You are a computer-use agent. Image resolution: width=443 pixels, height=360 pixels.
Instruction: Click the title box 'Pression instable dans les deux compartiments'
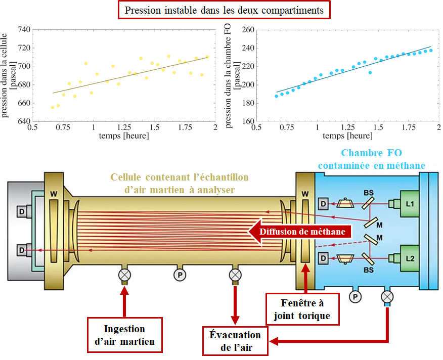(224, 10)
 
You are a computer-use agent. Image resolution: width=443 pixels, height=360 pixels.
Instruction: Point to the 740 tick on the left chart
(24, 29)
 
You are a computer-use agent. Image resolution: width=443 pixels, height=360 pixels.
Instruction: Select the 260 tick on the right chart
(248, 29)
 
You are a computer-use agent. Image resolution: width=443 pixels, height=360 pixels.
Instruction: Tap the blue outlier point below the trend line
(370, 73)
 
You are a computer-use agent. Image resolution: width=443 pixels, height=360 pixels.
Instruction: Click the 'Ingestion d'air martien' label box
(124, 335)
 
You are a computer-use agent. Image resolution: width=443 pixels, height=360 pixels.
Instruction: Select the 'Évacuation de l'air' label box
(235, 341)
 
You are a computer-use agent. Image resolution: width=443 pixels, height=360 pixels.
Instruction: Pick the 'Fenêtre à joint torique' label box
(302, 309)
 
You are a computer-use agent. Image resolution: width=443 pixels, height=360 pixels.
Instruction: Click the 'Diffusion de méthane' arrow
(299, 232)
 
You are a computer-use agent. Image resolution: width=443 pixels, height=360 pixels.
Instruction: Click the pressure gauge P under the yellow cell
(180, 275)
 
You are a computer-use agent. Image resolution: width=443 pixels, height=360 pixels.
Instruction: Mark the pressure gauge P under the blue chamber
(355, 297)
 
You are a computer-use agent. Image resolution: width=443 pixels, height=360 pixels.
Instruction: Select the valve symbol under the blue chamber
(387, 297)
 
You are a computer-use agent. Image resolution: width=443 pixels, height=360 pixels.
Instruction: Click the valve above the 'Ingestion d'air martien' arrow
(124, 275)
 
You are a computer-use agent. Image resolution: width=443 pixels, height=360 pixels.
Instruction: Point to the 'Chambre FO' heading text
(371, 153)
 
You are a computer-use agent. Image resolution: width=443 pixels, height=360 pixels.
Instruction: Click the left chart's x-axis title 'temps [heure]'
(124, 136)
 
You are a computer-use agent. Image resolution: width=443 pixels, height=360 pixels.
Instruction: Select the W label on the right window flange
(305, 194)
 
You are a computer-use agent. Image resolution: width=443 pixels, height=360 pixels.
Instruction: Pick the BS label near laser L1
(369, 193)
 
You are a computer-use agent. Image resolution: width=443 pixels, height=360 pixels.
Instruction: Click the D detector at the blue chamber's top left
(323, 204)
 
